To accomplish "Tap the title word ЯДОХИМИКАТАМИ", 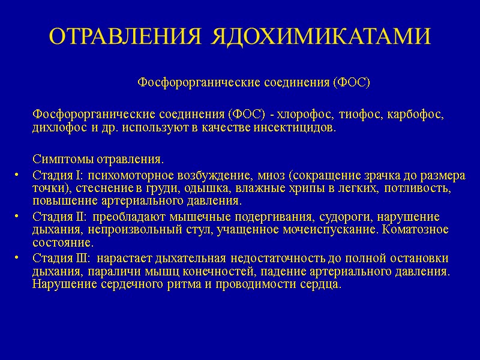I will point(320,37).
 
